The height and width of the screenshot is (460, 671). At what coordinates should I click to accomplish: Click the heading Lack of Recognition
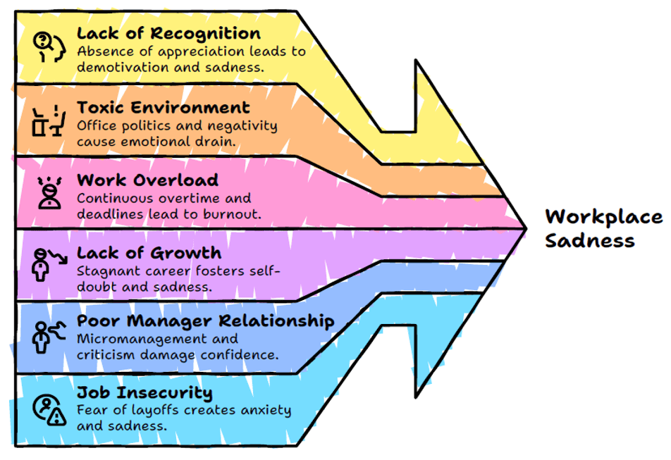click(168, 33)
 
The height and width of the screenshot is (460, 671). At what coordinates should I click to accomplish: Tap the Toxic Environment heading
click(163, 108)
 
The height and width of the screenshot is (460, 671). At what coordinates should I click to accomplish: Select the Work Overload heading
click(147, 180)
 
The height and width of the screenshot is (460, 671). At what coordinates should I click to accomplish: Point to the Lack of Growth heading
click(149, 253)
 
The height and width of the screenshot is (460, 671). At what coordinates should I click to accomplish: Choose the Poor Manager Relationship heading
click(205, 321)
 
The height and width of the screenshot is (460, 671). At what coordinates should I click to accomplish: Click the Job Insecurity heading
click(144, 392)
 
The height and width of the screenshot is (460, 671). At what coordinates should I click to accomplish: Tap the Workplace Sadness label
click(603, 228)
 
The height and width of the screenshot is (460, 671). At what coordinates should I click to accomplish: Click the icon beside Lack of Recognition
click(49, 46)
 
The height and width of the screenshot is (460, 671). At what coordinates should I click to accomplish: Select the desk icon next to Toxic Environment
click(49, 120)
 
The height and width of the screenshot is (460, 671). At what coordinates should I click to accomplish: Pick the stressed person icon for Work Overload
click(49, 192)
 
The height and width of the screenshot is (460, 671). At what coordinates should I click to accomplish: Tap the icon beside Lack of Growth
click(49, 263)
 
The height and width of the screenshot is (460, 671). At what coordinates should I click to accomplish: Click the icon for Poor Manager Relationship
click(49, 335)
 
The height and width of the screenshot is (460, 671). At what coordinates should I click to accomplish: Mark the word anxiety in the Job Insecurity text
click(255, 411)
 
